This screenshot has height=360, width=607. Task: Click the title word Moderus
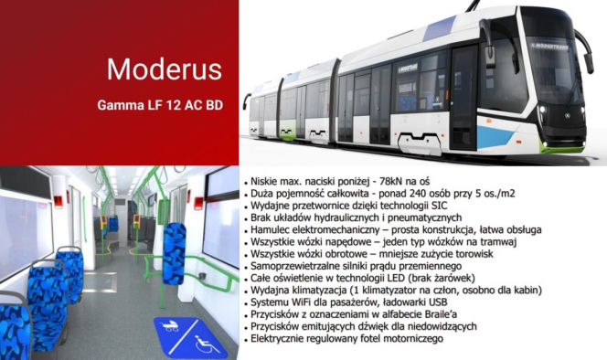[164, 69]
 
